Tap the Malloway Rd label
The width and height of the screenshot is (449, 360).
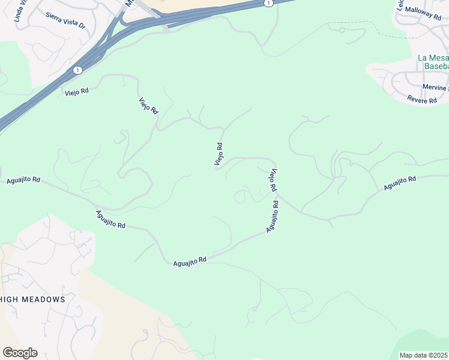pyautogui.click(x=423, y=10)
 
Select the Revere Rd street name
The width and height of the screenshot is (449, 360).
pyautogui.click(x=421, y=100)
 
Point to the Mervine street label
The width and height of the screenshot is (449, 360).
pyautogui.click(x=435, y=88)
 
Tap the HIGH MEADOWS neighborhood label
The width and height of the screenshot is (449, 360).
pyautogui.click(x=33, y=299)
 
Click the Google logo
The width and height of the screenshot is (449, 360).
pyautogui.click(x=20, y=353)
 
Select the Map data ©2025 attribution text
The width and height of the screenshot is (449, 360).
pyautogui.click(x=424, y=355)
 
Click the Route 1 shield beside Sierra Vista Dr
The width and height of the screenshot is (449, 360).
pyautogui.click(x=77, y=70)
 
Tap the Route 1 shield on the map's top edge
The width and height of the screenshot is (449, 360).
pyautogui.click(x=268, y=3)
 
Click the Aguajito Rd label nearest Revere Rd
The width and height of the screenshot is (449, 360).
pyautogui.click(x=400, y=184)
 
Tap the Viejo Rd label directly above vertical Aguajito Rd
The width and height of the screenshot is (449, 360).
pyautogui.click(x=272, y=181)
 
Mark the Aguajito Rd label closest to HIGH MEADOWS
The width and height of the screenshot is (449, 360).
pyautogui.click(x=110, y=220)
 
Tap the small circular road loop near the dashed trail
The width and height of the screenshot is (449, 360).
pyautogui.click(x=241, y=196)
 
